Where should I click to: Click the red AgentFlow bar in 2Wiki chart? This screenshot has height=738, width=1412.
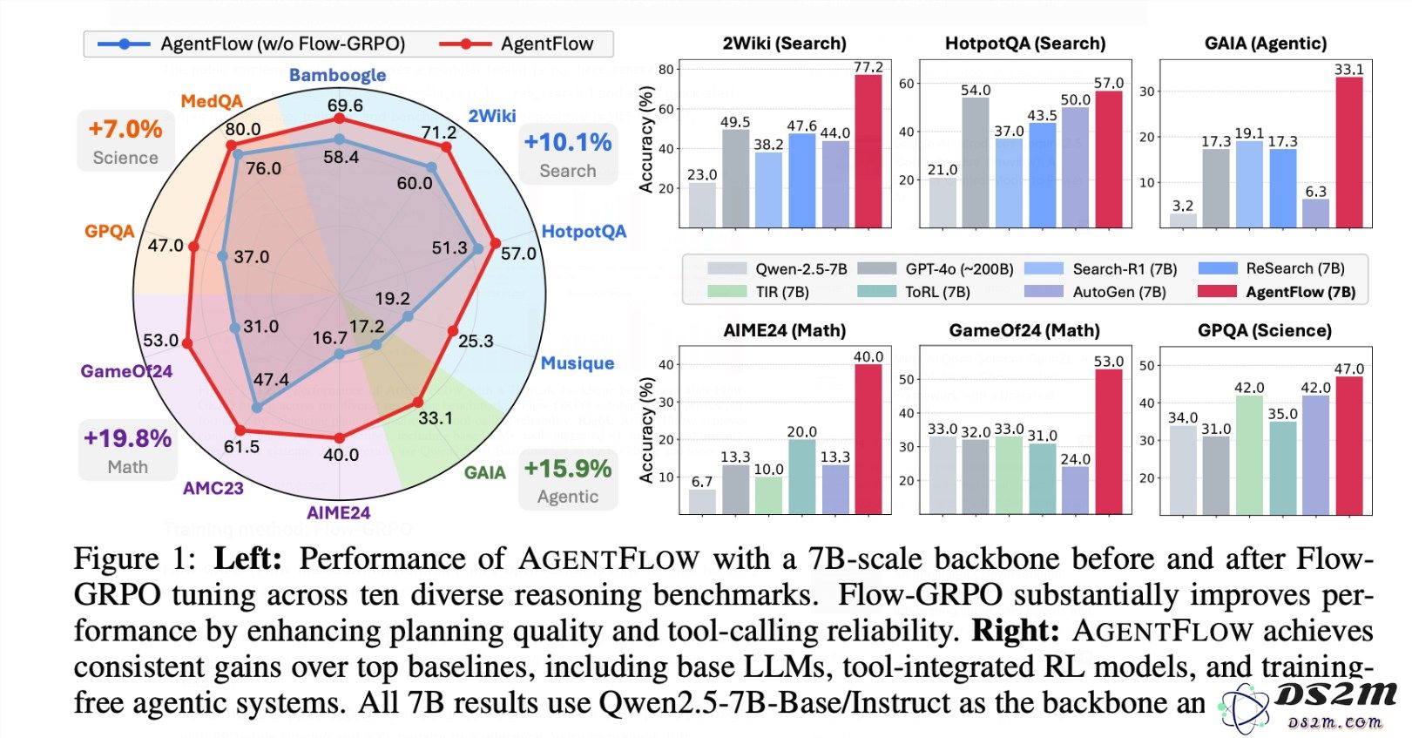click(868, 151)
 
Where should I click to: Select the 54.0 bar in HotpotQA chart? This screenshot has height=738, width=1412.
click(976, 162)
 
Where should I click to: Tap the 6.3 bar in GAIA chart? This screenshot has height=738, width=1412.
click(1315, 213)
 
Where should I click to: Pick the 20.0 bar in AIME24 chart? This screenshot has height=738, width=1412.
click(801, 477)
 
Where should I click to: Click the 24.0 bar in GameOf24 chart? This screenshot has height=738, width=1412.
click(1075, 491)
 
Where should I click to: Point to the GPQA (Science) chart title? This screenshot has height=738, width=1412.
click(1265, 330)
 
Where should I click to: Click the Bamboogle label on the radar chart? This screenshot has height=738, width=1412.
click(337, 75)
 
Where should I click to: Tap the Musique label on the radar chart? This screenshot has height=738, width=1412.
click(578, 362)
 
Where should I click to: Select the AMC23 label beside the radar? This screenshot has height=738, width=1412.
click(213, 488)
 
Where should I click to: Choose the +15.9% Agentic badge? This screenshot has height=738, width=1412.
click(568, 480)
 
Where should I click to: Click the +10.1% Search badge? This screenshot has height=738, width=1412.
click(568, 154)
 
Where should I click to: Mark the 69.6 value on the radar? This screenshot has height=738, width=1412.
click(345, 105)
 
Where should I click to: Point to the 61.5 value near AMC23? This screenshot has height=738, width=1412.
click(241, 447)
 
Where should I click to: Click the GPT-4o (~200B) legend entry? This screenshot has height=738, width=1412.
click(936, 268)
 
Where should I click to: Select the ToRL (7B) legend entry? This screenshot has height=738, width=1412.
click(914, 292)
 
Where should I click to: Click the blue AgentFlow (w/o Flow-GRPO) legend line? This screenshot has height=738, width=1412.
click(124, 44)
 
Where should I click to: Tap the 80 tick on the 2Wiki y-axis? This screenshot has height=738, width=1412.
click(665, 69)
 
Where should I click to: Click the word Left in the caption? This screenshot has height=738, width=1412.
click(247, 559)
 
